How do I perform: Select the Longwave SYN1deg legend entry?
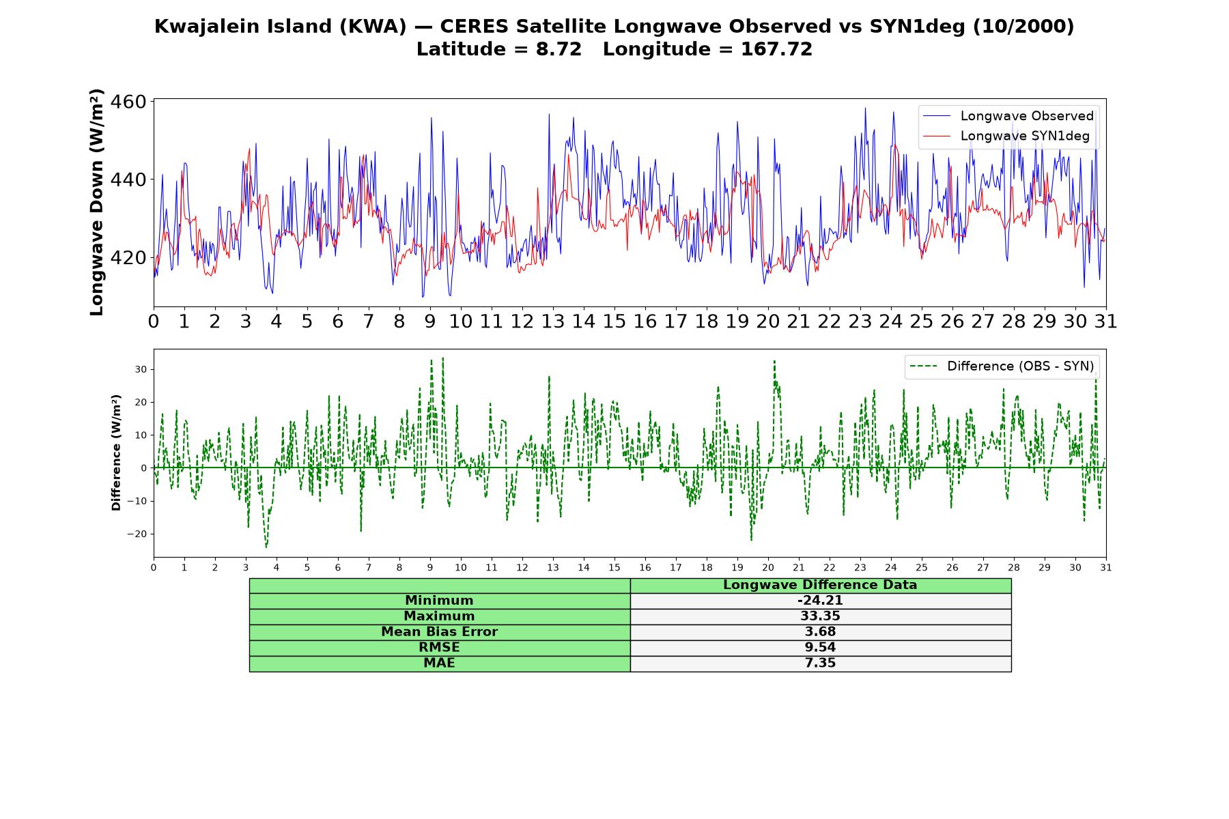click(1006, 136)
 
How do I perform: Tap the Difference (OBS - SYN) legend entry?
click(1002, 367)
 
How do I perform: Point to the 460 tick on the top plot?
click(128, 102)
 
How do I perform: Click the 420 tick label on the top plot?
click(128, 258)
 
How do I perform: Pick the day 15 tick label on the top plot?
click(614, 321)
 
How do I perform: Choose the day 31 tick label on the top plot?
click(1105, 321)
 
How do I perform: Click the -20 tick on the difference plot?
click(137, 534)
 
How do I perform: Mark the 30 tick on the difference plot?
click(141, 370)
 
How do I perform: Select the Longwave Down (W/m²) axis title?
click(97, 202)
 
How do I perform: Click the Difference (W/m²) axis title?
click(116, 452)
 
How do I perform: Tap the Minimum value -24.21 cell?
click(820, 601)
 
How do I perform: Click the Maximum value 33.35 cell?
click(820, 616)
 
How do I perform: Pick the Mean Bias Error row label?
click(439, 632)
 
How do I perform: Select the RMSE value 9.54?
click(820, 648)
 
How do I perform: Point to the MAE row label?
click(439, 663)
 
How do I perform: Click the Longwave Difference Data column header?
click(820, 585)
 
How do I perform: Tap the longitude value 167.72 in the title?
click(777, 49)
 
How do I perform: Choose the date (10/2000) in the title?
click(1023, 27)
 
